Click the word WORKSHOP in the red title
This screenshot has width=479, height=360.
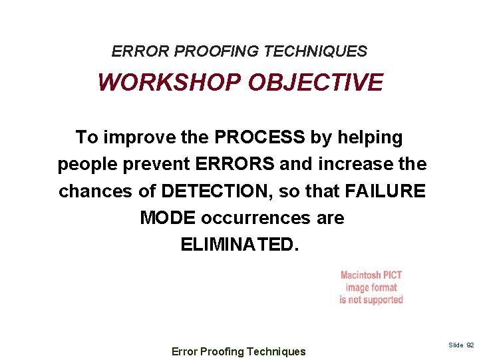click(169, 83)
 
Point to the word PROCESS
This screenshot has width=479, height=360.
click(259, 138)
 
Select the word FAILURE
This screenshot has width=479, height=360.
click(385, 191)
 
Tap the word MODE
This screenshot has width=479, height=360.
click(168, 218)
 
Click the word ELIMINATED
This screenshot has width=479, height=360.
click(240, 245)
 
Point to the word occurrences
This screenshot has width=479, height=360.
click(255, 218)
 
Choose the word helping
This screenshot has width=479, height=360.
click(371, 138)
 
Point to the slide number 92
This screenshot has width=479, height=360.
click(470, 345)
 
